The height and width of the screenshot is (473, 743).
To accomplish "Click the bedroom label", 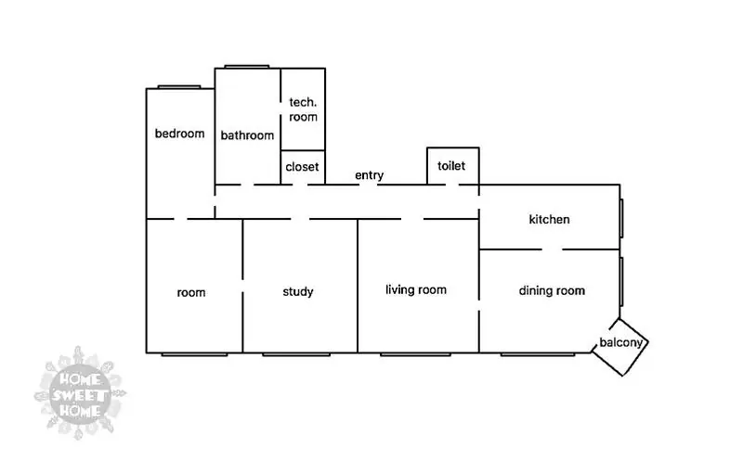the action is pyautogui.click(x=179, y=134).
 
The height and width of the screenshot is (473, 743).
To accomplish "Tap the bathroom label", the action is pyautogui.click(x=247, y=135).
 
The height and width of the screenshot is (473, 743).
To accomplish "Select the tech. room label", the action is pyautogui.click(x=303, y=109).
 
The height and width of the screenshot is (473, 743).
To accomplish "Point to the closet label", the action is pyautogui.click(x=303, y=167).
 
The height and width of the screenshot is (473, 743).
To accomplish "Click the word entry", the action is pyautogui.click(x=369, y=175).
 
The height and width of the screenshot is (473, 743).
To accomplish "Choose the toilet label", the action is pyautogui.click(x=451, y=165).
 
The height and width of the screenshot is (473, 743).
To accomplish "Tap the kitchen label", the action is pyautogui.click(x=549, y=219).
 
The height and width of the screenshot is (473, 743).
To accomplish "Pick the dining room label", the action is pyautogui.click(x=552, y=290).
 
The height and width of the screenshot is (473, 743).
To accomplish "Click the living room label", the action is pyautogui.click(x=416, y=289).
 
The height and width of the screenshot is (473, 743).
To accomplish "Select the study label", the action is pyautogui.click(x=298, y=291).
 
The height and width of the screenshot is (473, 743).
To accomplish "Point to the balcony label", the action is pyautogui.click(x=620, y=342).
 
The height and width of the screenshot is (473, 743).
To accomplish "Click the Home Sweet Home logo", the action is pyautogui.click(x=80, y=393).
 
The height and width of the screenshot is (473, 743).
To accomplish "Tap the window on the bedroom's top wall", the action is pyautogui.click(x=179, y=87).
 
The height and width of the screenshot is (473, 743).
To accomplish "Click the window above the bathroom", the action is pyautogui.click(x=247, y=67).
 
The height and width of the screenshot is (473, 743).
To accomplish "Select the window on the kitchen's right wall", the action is pyautogui.click(x=621, y=218).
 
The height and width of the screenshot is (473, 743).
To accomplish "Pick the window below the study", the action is pyautogui.click(x=296, y=353).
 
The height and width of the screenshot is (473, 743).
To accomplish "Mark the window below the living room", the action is pyautogui.click(x=415, y=353).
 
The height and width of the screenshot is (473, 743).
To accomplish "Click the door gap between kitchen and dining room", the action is pyautogui.click(x=552, y=249).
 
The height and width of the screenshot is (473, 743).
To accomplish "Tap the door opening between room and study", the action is pyautogui.click(x=242, y=286).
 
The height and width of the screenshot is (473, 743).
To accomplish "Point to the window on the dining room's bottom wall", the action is pyautogui.click(x=538, y=353).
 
